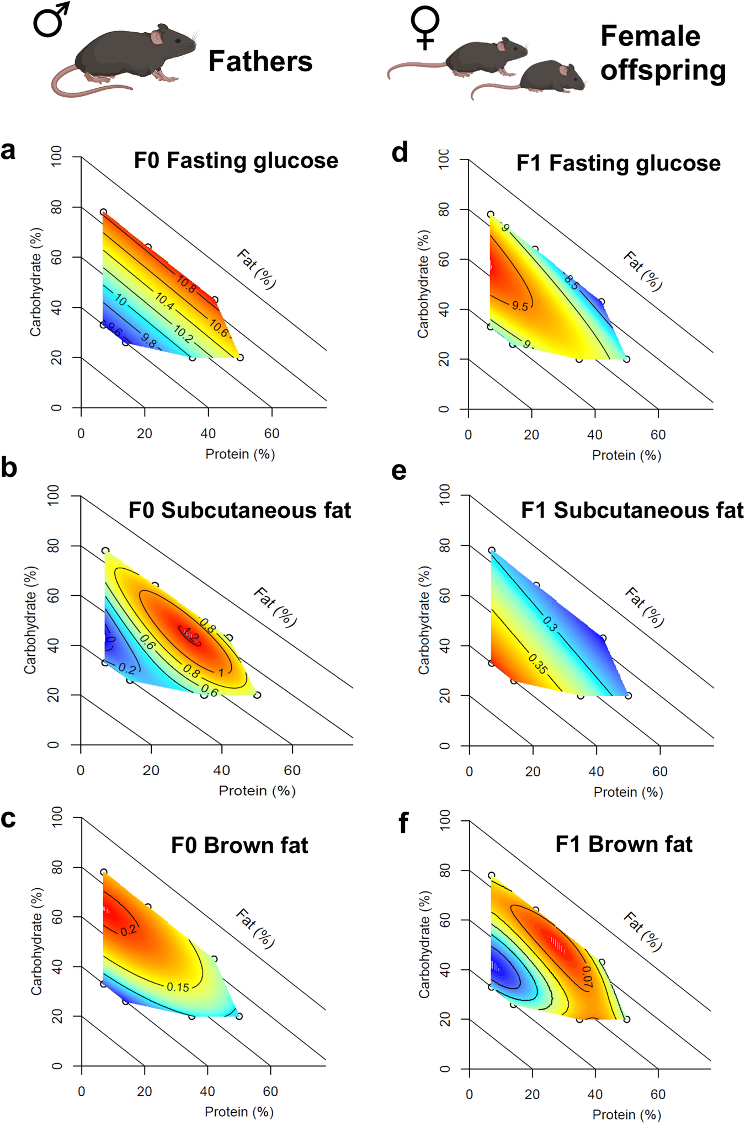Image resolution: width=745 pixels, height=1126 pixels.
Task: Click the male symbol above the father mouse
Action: [51, 20]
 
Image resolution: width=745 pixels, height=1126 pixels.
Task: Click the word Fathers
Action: [260, 61]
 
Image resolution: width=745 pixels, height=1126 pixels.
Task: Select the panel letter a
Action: [8, 150]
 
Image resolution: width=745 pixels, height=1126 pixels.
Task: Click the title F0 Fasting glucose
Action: [236, 161]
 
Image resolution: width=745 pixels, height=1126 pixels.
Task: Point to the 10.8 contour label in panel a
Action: [186, 284]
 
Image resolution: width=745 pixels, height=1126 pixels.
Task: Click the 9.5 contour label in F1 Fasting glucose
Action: [520, 306]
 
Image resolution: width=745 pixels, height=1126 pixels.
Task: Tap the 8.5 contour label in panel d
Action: [571, 282]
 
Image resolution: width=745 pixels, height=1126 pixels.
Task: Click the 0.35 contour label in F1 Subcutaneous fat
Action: [538, 664]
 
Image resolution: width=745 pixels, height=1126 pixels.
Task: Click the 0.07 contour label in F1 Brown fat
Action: [587, 977]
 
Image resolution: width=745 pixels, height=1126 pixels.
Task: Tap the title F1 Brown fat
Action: [624, 845]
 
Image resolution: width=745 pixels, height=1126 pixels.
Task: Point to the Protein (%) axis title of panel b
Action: [257, 791]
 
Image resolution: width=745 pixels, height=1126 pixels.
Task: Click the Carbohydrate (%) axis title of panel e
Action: [423, 620]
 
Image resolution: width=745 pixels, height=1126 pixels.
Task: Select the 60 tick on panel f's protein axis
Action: [658, 1094]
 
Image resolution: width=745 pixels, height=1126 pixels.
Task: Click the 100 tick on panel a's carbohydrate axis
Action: [56, 157]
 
